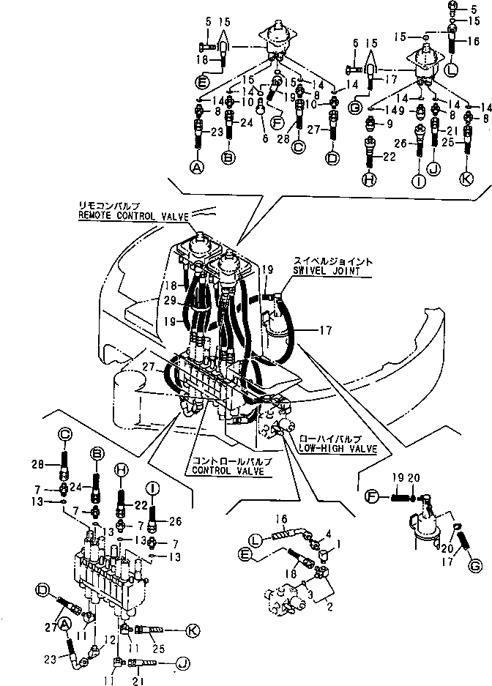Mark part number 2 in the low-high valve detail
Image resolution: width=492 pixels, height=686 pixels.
(x=330, y=608)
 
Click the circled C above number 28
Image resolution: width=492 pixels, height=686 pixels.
(x=64, y=434)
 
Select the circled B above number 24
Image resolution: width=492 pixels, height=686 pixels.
(x=95, y=454)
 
